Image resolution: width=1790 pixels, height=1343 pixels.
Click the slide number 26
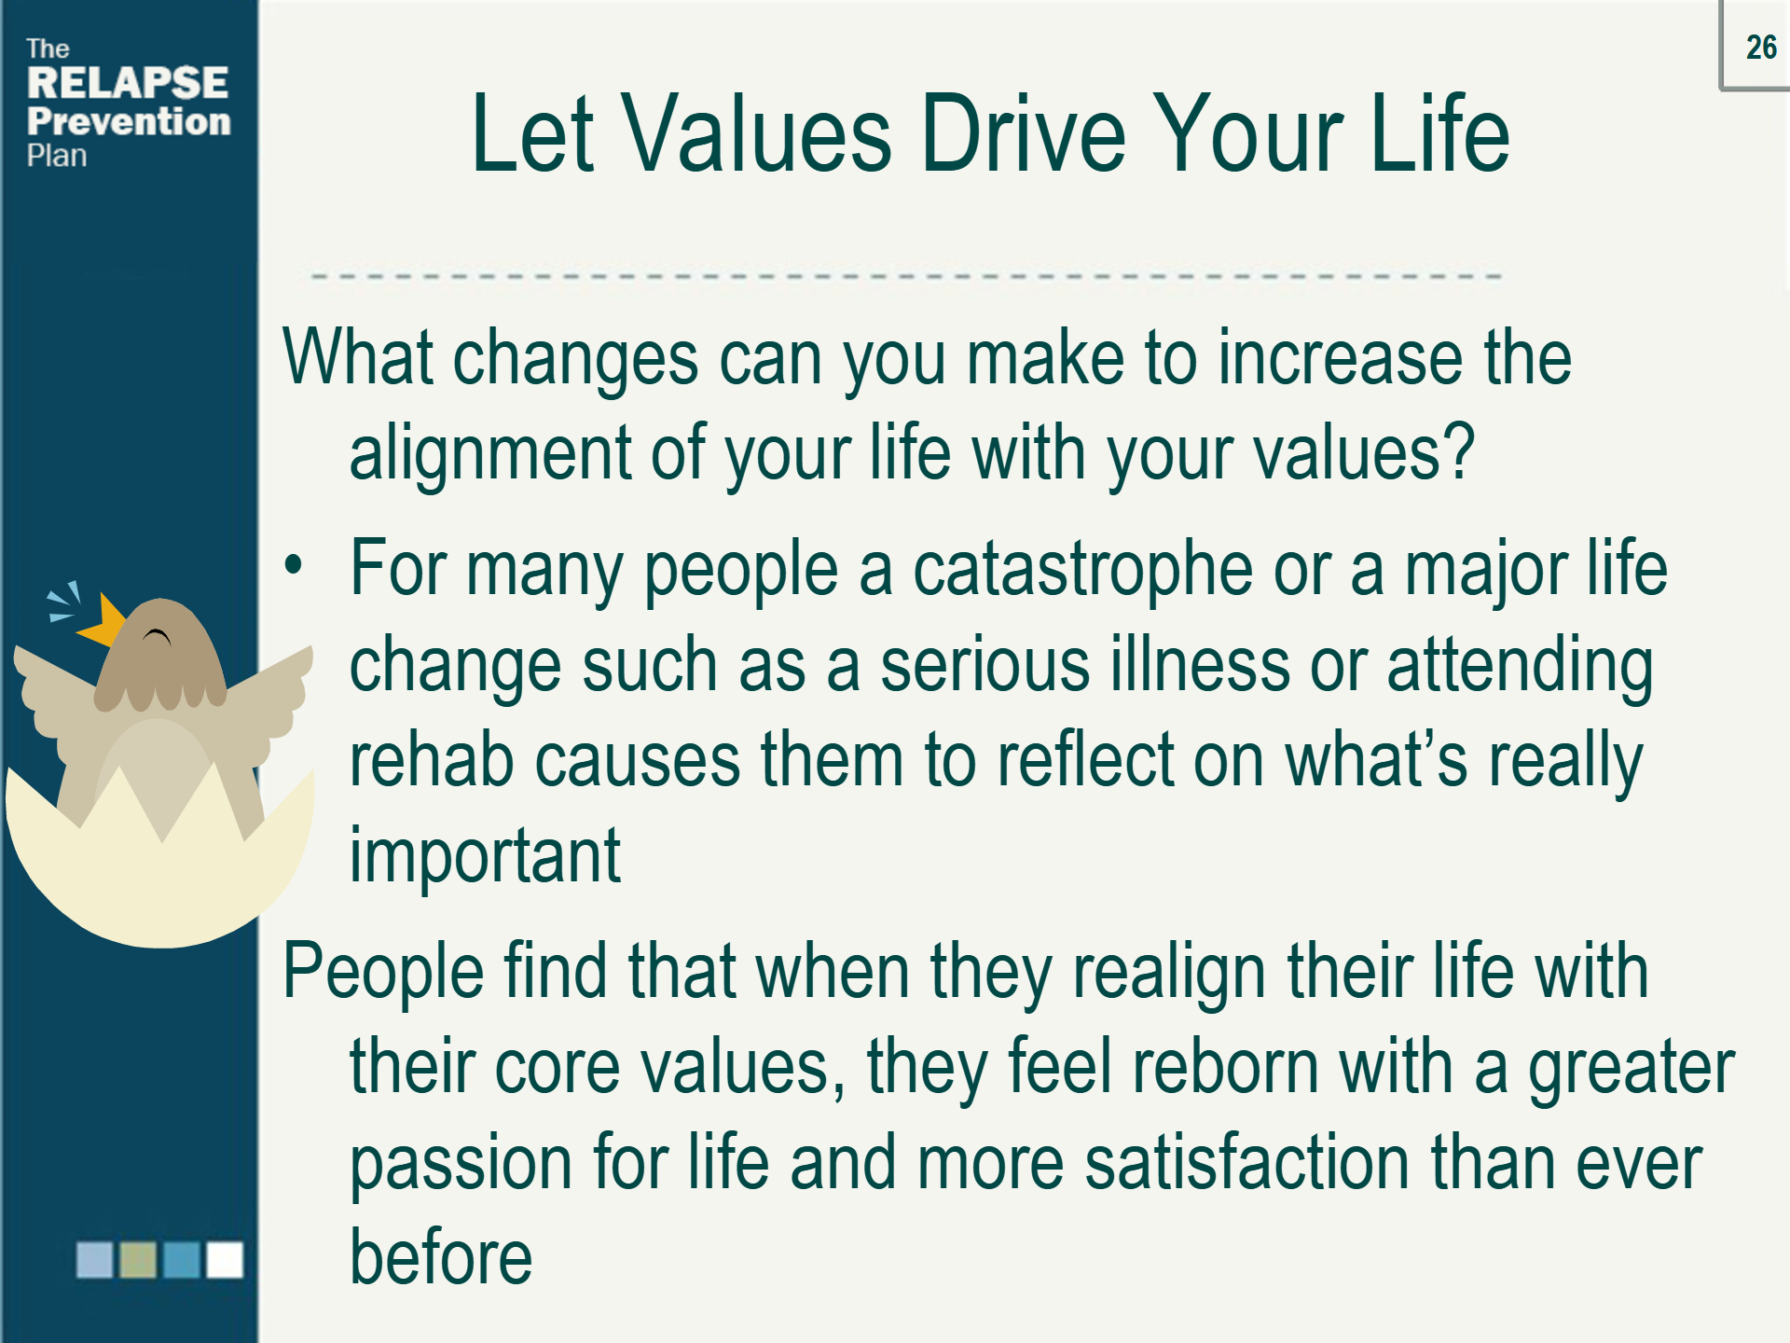[x=1761, y=47]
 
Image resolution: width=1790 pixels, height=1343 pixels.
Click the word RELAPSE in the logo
[x=128, y=83]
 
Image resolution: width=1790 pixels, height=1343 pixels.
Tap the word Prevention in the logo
[x=129, y=121]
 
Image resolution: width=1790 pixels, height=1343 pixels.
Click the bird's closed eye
[x=157, y=637]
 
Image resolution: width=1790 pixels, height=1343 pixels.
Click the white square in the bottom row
[x=225, y=1259]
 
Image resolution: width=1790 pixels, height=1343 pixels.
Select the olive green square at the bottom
[x=138, y=1259]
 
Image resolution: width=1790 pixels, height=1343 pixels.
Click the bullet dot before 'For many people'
[x=294, y=565]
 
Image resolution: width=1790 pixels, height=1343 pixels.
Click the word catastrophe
[x=1082, y=570]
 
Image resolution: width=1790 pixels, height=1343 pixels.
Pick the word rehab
[x=432, y=759]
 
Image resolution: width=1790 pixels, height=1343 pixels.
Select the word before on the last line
[x=441, y=1257]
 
